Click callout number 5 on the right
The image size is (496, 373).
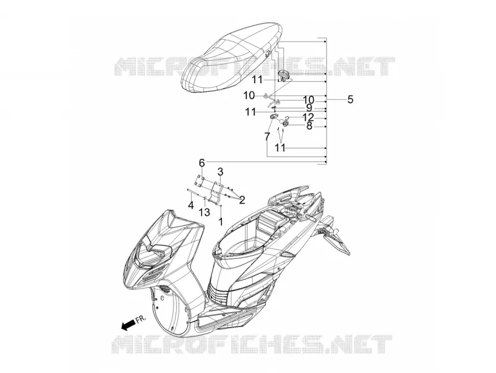pyautogui.click(x=350, y=99)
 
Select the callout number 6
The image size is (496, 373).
pyautogui.click(x=202, y=163)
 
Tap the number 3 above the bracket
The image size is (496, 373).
pyautogui.click(x=220, y=172)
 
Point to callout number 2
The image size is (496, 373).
pyautogui.click(x=242, y=200)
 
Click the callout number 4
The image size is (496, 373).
pyautogui.click(x=191, y=205)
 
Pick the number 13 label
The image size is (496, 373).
pyautogui.click(x=205, y=212)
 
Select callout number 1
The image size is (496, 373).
pyautogui.click(x=221, y=222)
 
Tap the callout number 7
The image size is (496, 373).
pyautogui.click(x=267, y=137)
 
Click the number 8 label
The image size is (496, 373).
pyautogui.click(x=309, y=126)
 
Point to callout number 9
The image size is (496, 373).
pyautogui.click(x=309, y=108)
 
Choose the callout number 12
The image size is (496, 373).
pyautogui.click(x=308, y=117)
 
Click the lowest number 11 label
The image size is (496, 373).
pyautogui.click(x=280, y=148)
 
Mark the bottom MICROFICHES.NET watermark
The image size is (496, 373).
pyautogui.click(x=252, y=344)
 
